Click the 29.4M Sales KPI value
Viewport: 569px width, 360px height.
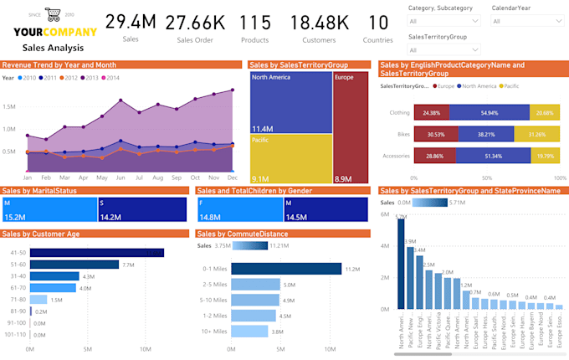131,22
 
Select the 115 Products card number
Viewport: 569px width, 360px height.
254,23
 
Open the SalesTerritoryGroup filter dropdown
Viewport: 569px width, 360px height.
443,49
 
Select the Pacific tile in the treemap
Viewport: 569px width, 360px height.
291,159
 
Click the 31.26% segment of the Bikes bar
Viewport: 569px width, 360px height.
536,134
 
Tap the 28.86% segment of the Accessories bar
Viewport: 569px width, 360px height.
433,156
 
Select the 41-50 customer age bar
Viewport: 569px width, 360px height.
96,252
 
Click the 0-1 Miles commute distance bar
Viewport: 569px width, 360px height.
286,269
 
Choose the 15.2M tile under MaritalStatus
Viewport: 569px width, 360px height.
49,209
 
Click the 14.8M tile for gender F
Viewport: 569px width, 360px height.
238,209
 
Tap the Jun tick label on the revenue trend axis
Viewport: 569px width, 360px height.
122,178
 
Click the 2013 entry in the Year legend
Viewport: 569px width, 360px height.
89,78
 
